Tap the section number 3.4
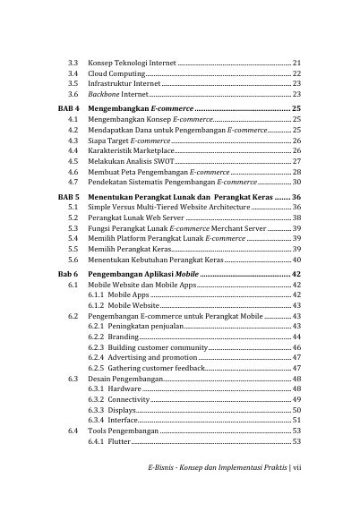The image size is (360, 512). coord(74,73)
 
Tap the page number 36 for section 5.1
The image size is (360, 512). coord(296,207)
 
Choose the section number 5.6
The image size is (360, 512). coord(74,260)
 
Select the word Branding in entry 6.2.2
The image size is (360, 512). coord(123,337)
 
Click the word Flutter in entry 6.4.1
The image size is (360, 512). coord(119,441)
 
